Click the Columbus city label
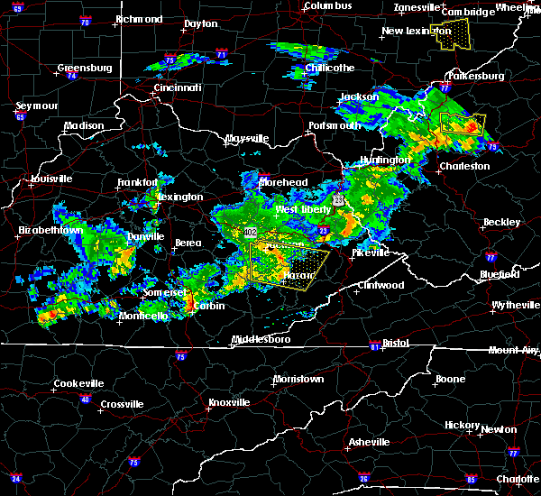(x=326, y=5)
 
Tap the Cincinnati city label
(x=176, y=87)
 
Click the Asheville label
(x=370, y=442)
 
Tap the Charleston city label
(x=465, y=166)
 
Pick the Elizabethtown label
(x=50, y=231)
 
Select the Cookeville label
(x=78, y=383)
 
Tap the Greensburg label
(x=84, y=68)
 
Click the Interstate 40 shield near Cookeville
(x=86, y=400)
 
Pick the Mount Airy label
(x=510, y=350)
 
